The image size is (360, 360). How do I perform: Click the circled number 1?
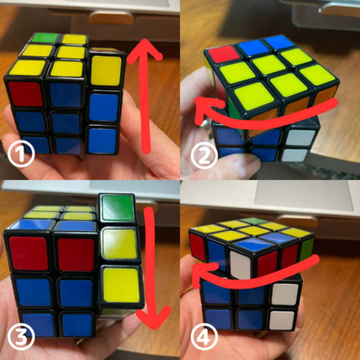21,154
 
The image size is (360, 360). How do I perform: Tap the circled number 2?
204,156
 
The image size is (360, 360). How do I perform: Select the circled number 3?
21,336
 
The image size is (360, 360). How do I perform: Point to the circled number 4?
204,336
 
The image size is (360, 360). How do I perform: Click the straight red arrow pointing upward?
145,96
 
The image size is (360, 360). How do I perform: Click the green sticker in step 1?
45,38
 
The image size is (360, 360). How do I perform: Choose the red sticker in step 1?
26,94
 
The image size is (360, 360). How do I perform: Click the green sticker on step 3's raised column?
118,208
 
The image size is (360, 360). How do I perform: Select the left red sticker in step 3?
29,253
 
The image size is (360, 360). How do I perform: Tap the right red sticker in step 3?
76,255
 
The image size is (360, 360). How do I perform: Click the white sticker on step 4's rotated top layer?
240,265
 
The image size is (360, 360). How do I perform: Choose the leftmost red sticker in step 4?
197,247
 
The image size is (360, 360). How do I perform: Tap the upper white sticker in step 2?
298,137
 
